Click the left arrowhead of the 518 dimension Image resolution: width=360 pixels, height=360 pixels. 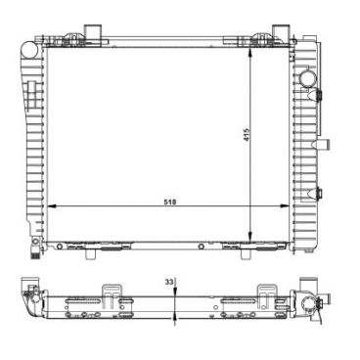pyautogui.click(x=53, y=207)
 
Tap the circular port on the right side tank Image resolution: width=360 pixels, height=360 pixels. pyautogui.click(x=307, y=78)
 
